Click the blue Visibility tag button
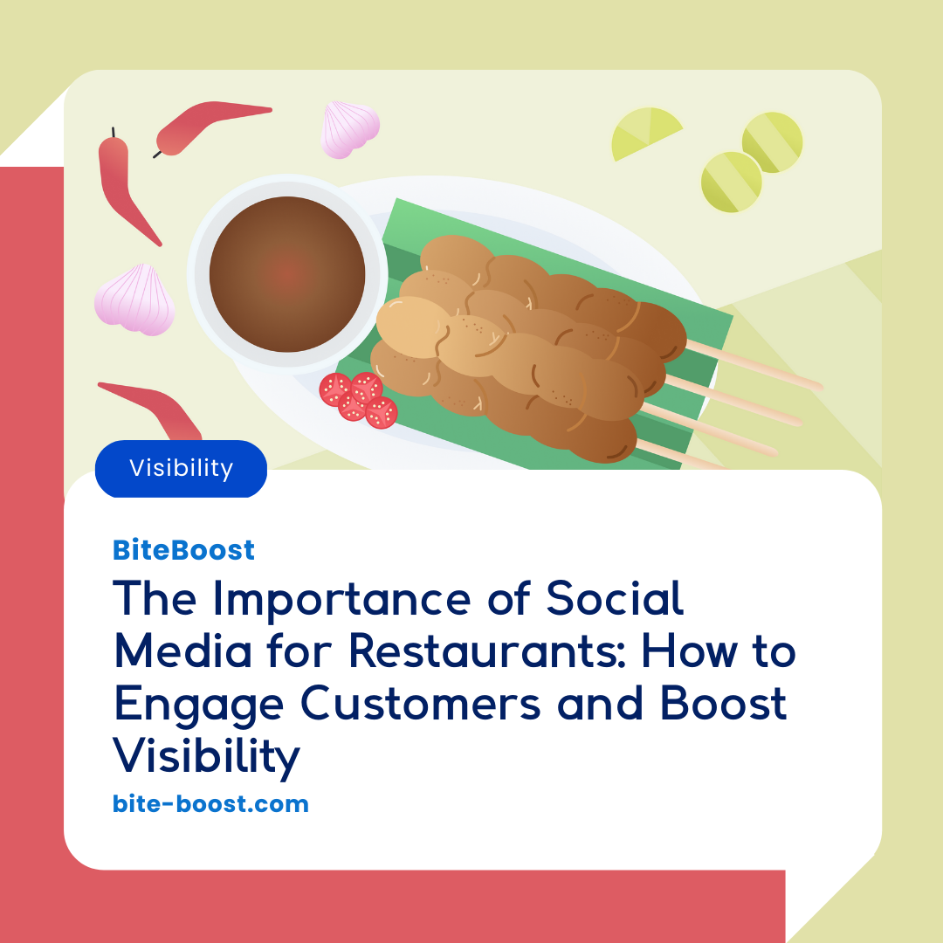click(181, 469)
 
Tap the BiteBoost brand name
click(183, 550)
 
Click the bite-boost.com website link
click(210, 803)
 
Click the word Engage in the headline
click(200, 706)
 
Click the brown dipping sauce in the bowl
click(287, 274)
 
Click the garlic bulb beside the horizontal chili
click(350, 129)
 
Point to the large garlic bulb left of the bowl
click(134, 299)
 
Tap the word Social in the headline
click(615, 601)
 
